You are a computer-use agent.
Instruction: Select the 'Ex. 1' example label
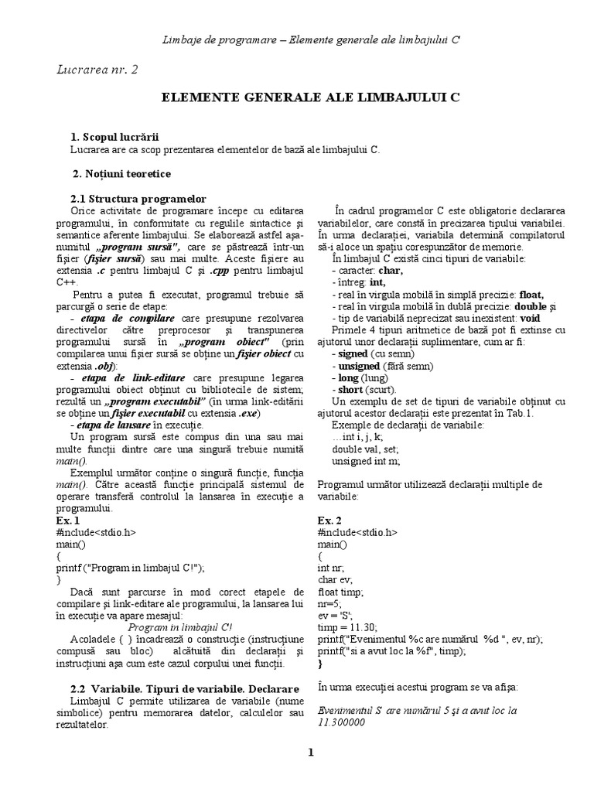tap(68, 521)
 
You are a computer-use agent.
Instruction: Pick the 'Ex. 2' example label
tap(329, 521)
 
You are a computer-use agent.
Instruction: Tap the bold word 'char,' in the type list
tap(391, 271)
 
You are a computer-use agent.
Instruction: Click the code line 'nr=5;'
tap(330, 604)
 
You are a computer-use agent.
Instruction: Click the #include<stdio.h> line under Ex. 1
tap(96, 533)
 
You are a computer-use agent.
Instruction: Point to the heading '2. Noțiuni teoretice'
tap(121, 174)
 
